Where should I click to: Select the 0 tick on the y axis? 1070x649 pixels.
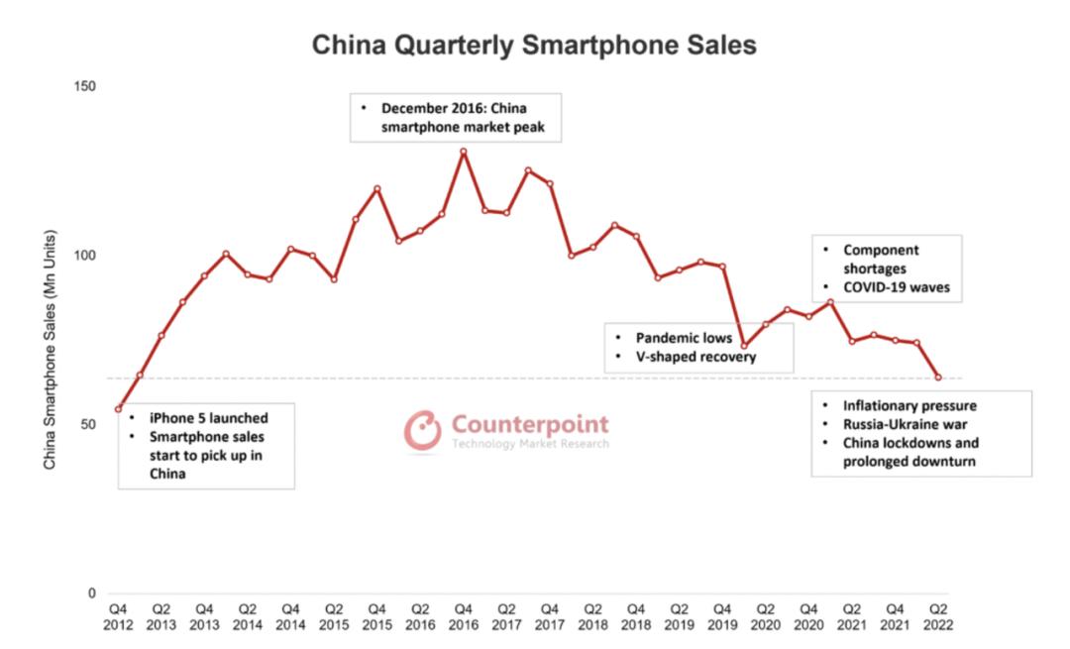click(x=91, y=594)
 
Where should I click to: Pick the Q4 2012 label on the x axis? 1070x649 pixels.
click(x=118, y=616)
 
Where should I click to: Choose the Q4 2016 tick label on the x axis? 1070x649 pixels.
click(x=463, y=616)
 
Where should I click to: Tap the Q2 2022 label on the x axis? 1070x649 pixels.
click(x=937, y=616)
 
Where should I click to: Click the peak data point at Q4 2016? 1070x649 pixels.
click(x=463, y=152)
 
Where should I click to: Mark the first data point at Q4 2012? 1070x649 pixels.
click(x=118, y=409)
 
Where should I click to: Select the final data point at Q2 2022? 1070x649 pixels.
click(x=937, y=378)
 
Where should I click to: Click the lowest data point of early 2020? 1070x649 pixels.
click(x=744, y=346)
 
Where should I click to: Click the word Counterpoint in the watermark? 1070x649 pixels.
click(x=530, y=424)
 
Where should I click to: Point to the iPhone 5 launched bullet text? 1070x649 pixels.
click(x=208, y=417)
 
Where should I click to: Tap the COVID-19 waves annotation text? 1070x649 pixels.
click(x=896, y=288)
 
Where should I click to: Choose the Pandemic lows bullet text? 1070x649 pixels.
click(x=684, y=338)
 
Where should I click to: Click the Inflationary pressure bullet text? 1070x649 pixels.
click(x=909, y=405)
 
